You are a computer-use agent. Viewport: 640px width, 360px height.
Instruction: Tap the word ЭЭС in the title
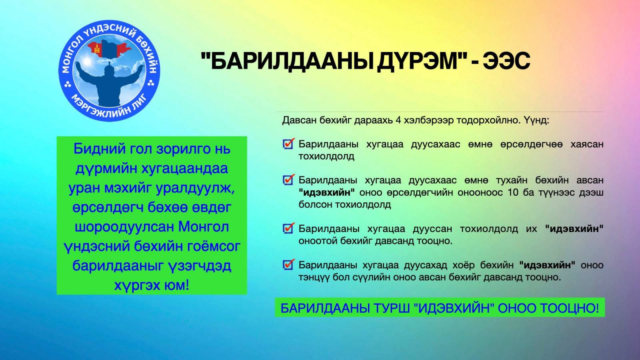(506, 61)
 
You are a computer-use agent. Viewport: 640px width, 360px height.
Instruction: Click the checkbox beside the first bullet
(288, 144)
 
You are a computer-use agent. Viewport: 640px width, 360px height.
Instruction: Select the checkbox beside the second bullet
(288, 180)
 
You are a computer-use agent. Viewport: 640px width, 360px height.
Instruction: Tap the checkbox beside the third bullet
(288, 228)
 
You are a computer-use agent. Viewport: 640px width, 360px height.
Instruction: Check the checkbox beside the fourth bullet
(288, 264)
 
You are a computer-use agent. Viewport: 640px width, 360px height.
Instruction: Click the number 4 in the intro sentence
(398, 120)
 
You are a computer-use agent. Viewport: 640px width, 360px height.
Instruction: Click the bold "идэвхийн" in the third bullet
(574, 229)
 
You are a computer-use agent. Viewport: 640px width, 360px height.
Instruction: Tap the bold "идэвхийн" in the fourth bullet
(548, 265)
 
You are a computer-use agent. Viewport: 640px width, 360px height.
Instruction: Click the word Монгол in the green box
(204, 227)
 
